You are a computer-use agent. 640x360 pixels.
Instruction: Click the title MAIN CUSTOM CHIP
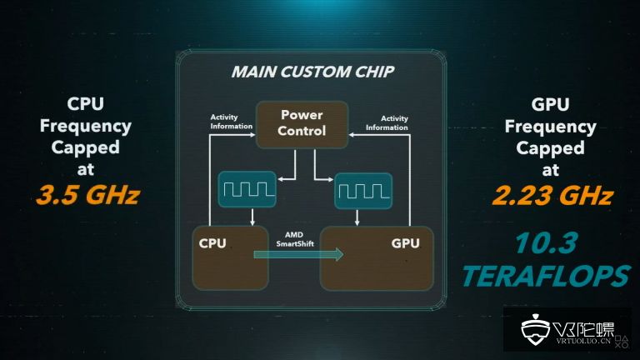(x=312, y=72)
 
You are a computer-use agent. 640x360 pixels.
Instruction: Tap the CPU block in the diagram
(x=230, y=258)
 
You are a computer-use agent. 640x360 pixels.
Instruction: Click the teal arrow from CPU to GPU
(x=300, y=254)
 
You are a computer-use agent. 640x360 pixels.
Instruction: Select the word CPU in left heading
(x=87, y=106)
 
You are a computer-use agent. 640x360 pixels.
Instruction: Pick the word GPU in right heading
(x=551, y=106)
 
